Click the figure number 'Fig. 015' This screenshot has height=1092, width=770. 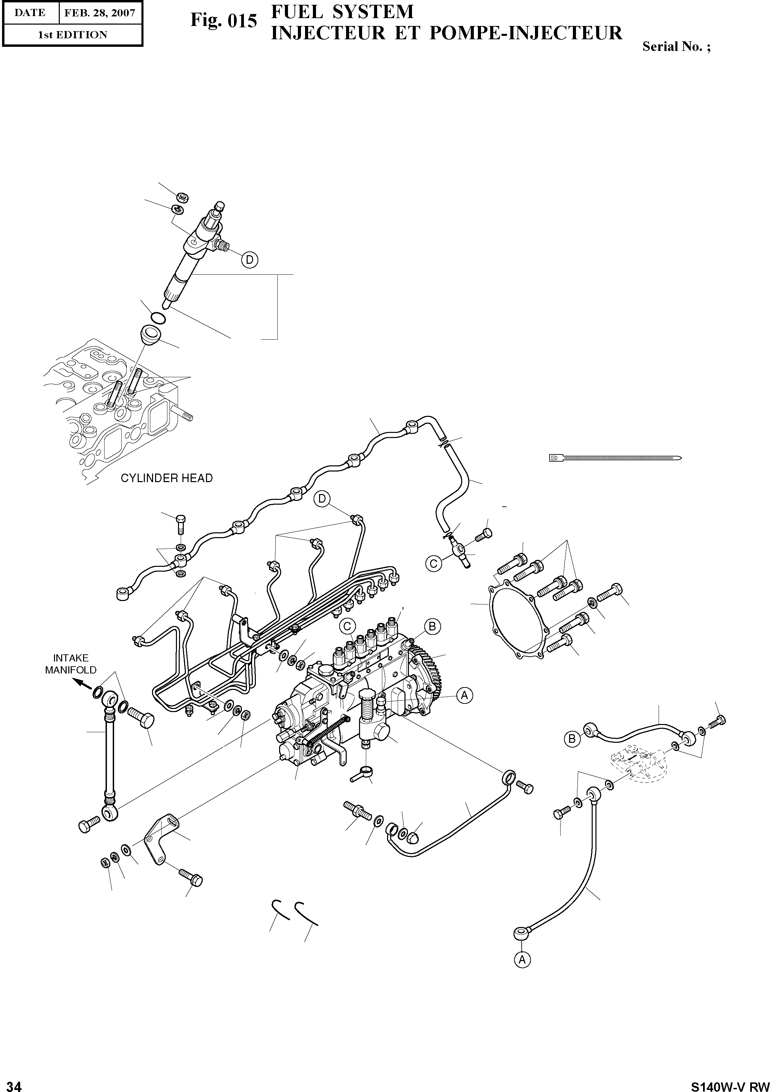pyautogui.click(x=223, y=21)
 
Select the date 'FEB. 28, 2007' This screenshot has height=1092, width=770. pyautogui.click(x=100, y=13)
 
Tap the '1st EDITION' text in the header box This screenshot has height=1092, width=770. pyautogui.click(x=72, y=35)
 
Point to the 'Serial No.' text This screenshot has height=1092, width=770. pyautogui.click(x=672, y=46)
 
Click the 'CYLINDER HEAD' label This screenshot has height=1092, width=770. pyautogui.click(x=166, y=478)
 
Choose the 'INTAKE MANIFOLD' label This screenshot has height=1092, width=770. pyautogui.click(x=70, y=664)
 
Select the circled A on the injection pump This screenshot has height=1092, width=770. pyautogui.click(x=464, y=695)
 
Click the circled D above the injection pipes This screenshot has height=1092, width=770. pyautogui.click(x=322, y=499)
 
